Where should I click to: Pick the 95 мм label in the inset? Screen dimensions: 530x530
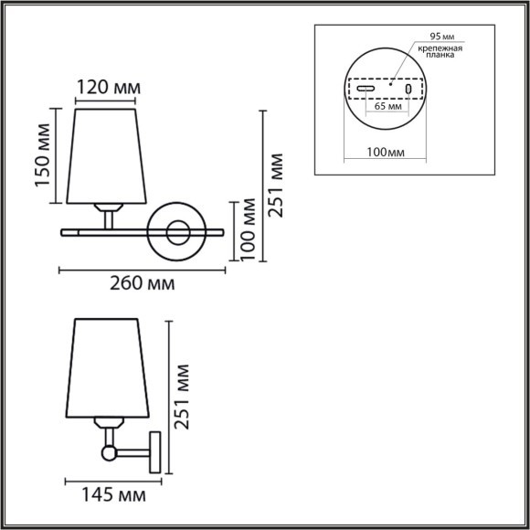[436, 37]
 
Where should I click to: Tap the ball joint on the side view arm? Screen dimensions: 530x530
[109, 451]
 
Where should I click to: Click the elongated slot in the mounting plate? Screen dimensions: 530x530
[366, 90]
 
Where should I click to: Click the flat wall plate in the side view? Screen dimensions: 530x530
[157, 451]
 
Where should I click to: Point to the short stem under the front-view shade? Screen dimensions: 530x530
[109, 217]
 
